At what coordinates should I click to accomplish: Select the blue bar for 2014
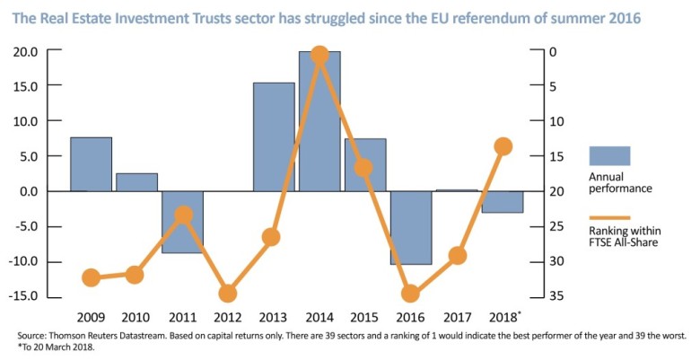[x=319, y=121]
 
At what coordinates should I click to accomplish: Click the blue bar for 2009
[x=91, y=163]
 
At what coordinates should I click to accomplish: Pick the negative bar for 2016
[x=411, y=227]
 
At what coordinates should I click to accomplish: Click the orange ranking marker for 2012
[x=228, y=293]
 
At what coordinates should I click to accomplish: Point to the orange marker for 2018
[x=503, y=146]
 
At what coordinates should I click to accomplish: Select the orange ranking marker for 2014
[x=319, y=56]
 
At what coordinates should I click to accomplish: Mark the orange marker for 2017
[x=457, y=256]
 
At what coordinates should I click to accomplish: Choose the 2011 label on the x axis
[x=182, y=318]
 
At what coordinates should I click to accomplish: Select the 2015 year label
[x=365, y=318]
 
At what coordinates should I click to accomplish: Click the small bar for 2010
[x=136, y=182]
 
